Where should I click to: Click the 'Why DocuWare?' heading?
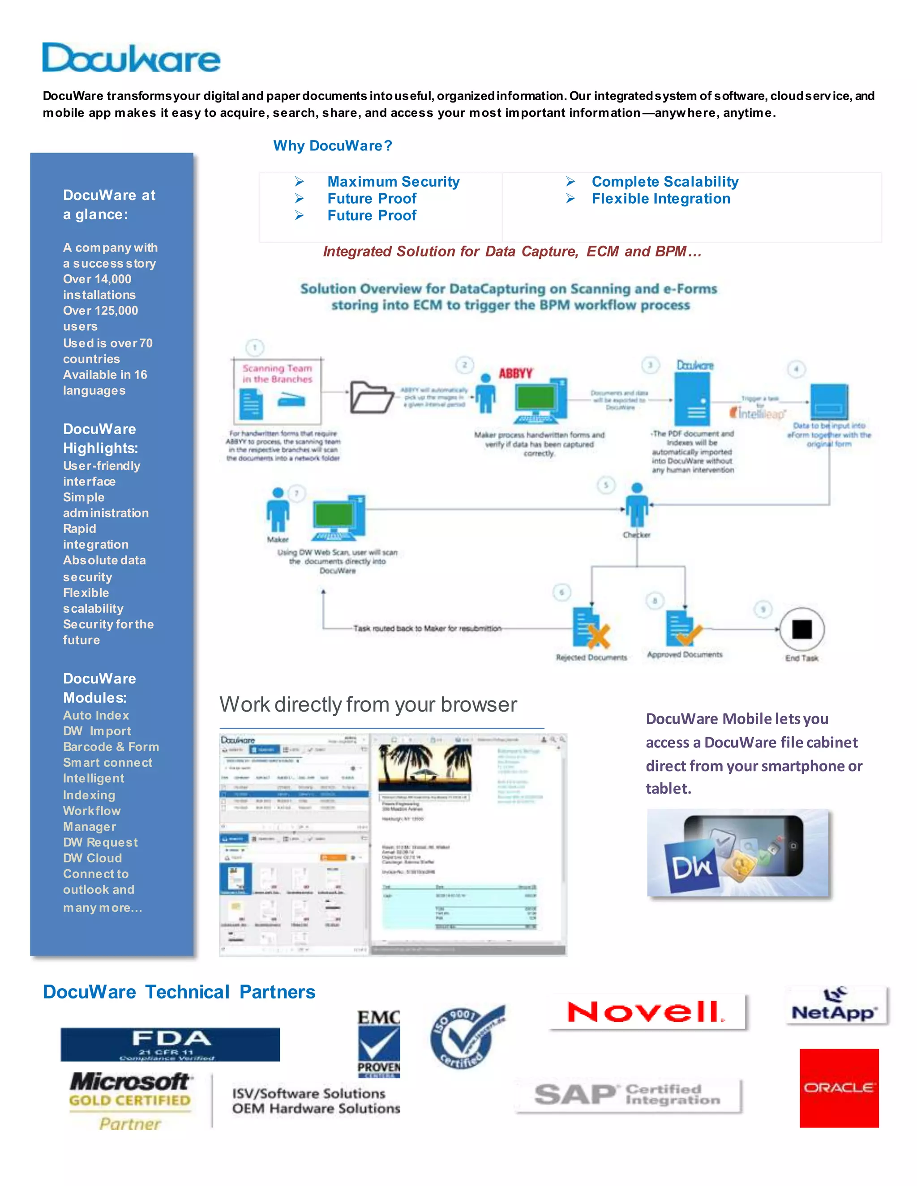pos(333,145)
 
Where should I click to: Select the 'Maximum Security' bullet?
pos(393,181)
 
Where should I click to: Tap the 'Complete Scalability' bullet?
pos(664,181)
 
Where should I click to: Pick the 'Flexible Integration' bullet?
pos(660,199)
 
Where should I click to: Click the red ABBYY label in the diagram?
pos(515,373)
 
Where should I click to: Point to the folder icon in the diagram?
pos(372,397)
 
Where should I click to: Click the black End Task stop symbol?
pos(802,629)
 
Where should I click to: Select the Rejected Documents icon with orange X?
pos(591,629)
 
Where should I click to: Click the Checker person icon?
pos(637,505)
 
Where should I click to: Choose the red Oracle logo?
pos(839,1088)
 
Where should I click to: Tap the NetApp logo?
pos(835,1006)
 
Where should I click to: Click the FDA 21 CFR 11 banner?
pos(170,1044)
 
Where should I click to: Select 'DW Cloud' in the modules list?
pos(92,858)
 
